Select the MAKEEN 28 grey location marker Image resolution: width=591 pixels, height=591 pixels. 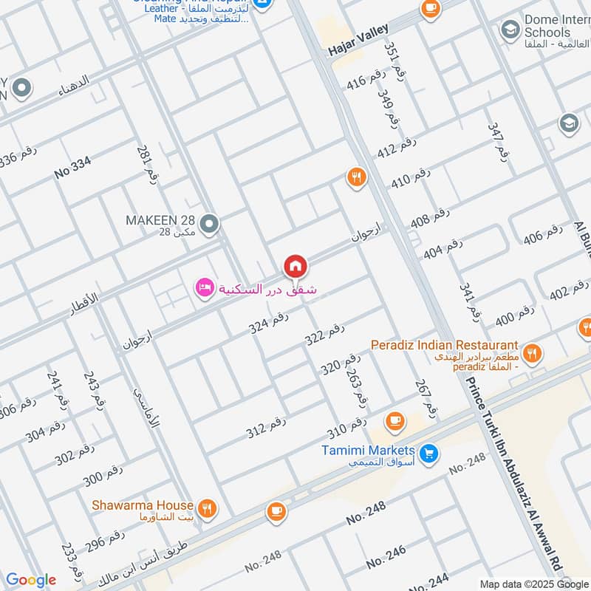[x=210, y=222]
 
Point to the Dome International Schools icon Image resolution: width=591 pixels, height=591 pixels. [x=509, y=30]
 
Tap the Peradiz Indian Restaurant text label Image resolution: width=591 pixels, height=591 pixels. [x=444, y=345]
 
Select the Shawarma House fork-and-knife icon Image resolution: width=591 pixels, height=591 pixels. [x=208, y=508]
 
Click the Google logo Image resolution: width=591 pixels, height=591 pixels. [x=30, y=580]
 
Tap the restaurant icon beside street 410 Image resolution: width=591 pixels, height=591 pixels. [x=356, y=177]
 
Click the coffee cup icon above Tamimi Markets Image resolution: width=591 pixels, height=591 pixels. [x=395, y=420]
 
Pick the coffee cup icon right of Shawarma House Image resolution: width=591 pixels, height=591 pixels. [x=276, y=511]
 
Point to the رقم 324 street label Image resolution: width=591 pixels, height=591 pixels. [x=267, y=321]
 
